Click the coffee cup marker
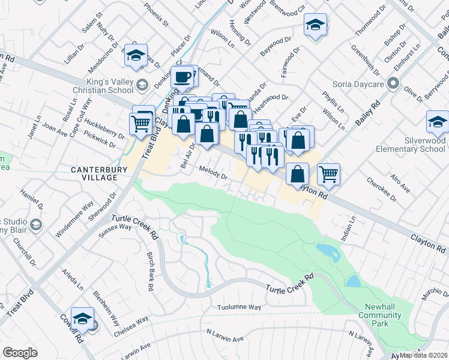pos(182,77)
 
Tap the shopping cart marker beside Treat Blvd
pos(141,124)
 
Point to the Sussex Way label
pos(115,230)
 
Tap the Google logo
pos(20,353)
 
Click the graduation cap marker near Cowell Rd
pos(82,319)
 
